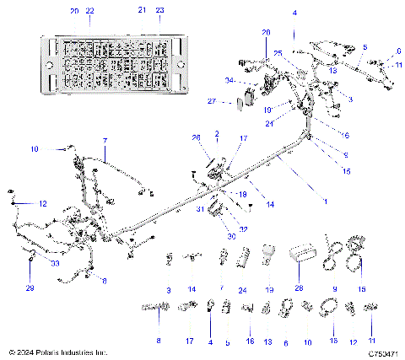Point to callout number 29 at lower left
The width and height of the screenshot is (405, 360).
31,288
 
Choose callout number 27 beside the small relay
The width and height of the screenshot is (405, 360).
213,101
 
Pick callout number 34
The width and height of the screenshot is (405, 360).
229,81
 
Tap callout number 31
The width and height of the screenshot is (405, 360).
200,209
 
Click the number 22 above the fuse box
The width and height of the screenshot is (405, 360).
90,10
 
